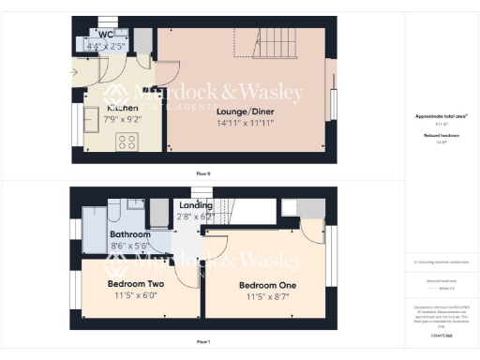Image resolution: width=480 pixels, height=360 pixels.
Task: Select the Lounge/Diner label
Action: [x=242, y=112]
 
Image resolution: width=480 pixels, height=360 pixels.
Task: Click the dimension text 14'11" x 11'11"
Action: [x=242, y=123]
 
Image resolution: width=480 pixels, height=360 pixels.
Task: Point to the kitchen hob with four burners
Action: [x=126, y=142]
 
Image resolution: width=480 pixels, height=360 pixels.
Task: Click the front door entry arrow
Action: [x=74, y=71]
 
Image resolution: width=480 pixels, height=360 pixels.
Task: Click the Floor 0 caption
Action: [x=202, y=174]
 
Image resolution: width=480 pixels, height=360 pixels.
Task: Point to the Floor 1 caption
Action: [x=202, y=342]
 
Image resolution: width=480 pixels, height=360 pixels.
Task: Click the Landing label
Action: [x=196, y=205]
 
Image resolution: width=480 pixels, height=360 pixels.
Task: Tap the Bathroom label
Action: [x=129, y=233]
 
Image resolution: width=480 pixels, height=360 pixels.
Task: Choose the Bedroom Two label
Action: [x=137, y=284]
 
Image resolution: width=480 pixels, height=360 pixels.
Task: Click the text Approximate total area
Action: [x=441, y=116]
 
